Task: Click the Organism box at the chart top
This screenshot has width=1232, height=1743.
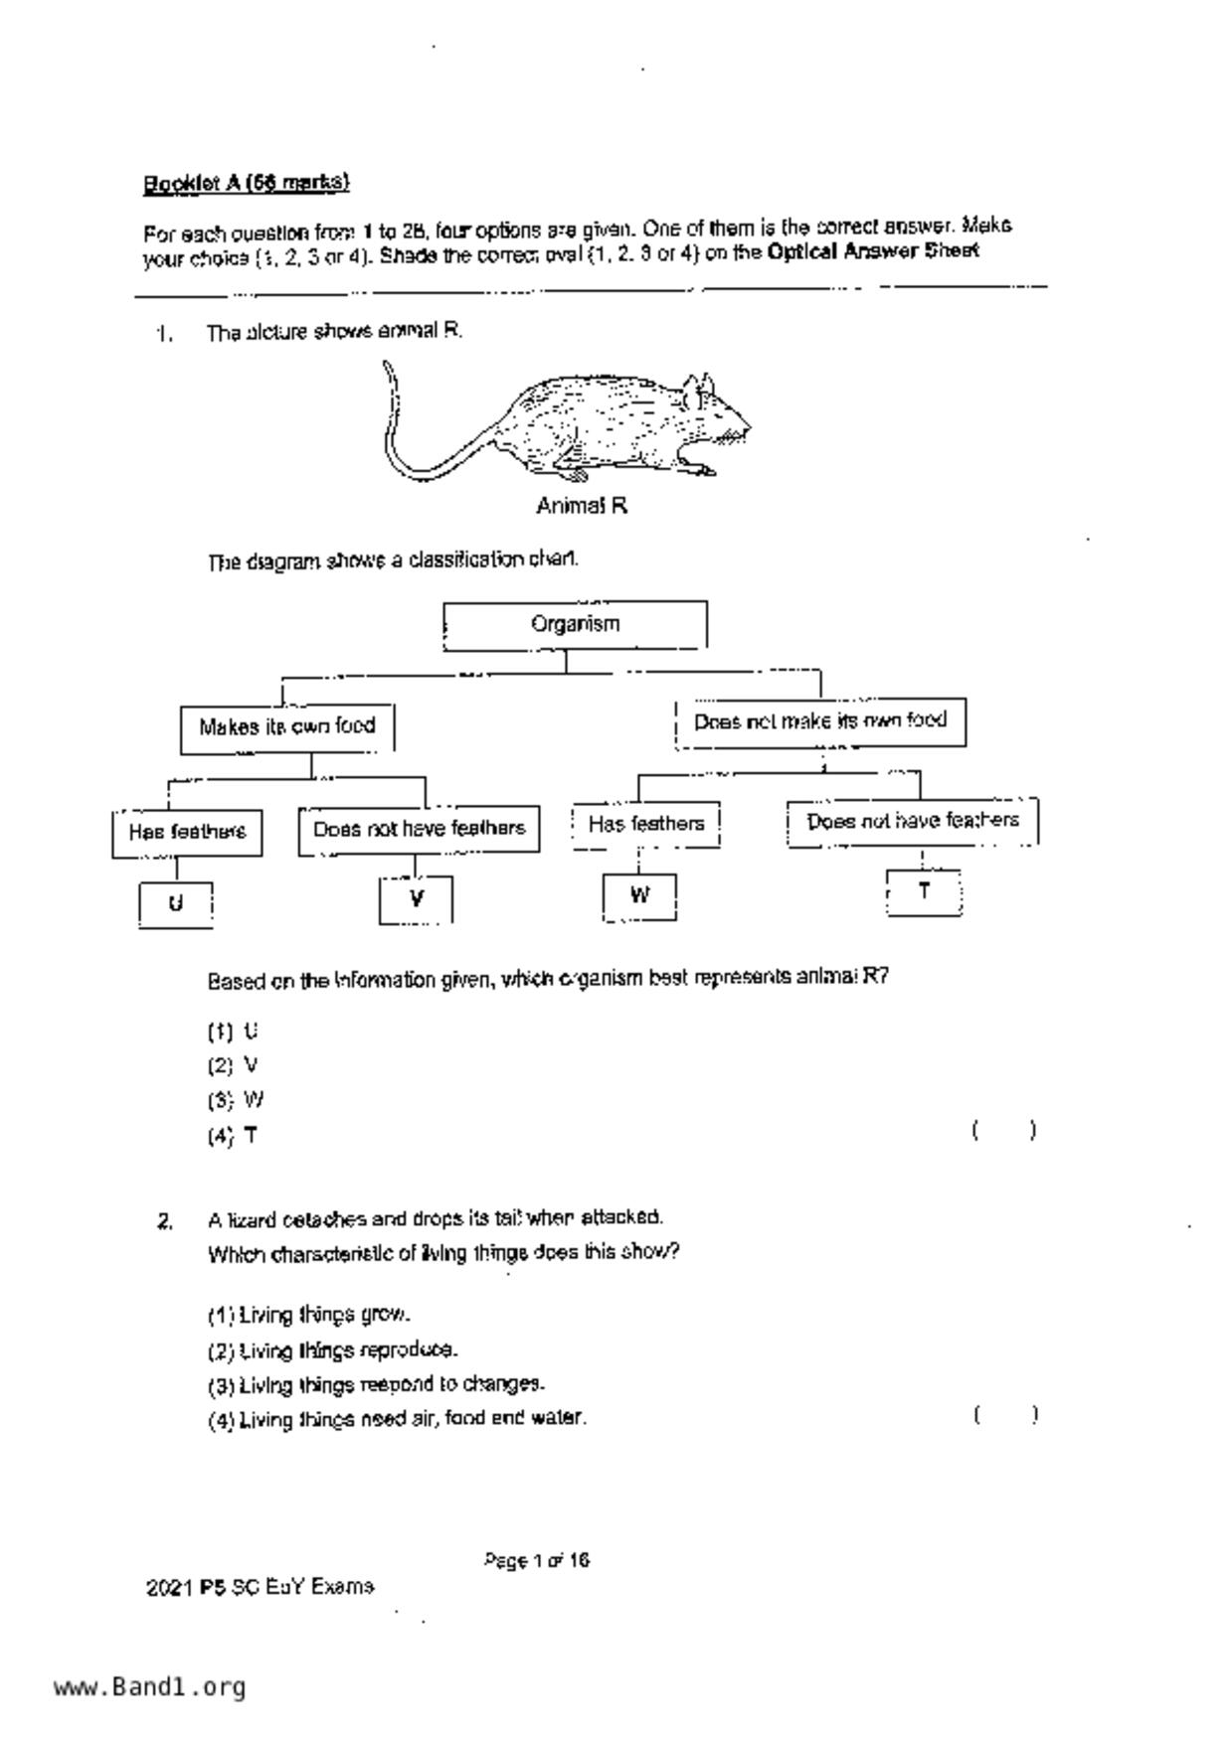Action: (575, 625)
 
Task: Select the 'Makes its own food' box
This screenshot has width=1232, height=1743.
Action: (286, 728)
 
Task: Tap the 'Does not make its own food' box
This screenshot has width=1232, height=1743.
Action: (819, 722)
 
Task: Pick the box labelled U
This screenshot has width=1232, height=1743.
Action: (176, 904)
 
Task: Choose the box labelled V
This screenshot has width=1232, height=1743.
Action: (416, 899)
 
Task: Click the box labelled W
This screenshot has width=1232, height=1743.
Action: (639, 896)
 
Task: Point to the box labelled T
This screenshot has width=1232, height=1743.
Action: (924, 891)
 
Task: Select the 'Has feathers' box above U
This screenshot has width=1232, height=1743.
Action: (187, 833)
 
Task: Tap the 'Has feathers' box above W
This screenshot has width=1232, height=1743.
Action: (646, 825)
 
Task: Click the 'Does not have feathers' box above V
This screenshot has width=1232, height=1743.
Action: (419, 830)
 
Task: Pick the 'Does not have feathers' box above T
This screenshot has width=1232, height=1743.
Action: (913, 822)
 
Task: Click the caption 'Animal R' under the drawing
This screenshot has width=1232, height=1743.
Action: (582, 507)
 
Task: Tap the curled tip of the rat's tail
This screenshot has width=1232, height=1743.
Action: (388, 370)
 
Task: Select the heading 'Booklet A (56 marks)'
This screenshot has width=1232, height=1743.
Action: (247, 184)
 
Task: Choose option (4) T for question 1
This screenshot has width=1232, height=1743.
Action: (234, 1136)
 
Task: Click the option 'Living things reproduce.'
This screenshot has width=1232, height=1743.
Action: (333, 1350)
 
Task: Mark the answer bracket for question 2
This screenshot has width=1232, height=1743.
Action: (1005, 1415)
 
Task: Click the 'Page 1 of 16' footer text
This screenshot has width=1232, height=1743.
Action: (537, 1561)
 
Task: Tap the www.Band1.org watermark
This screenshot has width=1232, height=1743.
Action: (149, 1687)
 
